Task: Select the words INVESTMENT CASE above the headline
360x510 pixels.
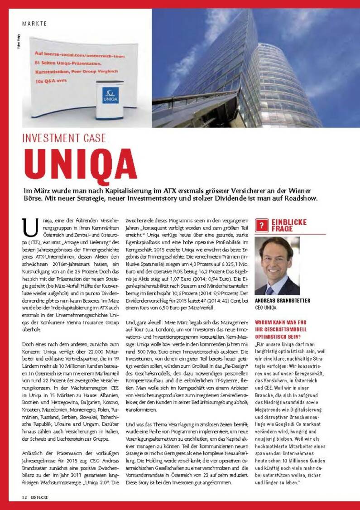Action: [64, 138]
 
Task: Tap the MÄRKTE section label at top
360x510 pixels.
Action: [34, 24]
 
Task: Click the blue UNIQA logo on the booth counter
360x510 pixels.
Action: [110, 96]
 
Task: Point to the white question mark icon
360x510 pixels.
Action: [261, 225]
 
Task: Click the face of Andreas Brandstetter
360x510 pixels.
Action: [276, 260]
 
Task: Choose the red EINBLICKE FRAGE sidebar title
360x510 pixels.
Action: [289, 225]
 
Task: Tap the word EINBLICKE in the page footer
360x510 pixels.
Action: [40, 497]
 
